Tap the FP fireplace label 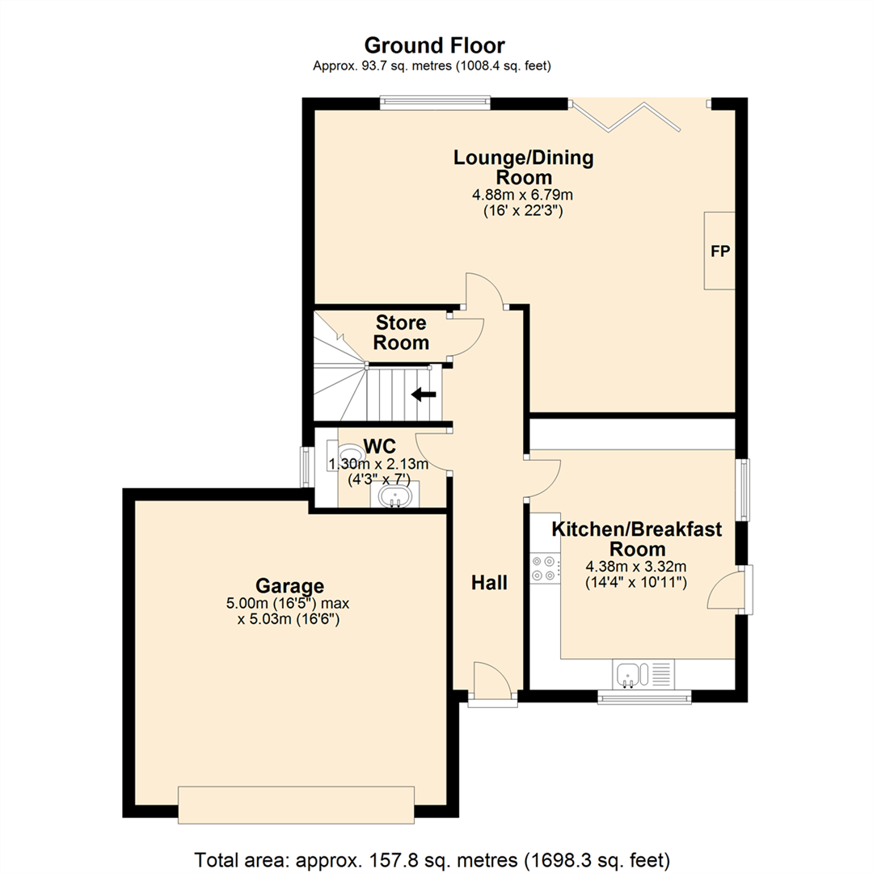pyautogui.click(x=719, y=251)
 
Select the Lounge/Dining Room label pyautogui.click(x=523, y=167)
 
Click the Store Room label pyautogui.click(x=401, y=333)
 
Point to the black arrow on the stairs pyautogui.click(x=424, y=394)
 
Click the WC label pyautogui.click(x=378, y=447)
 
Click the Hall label pyautogui.click(x=490, y=582)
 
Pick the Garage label pyautogui.click(x=290, y=585)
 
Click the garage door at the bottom pyautogui.click(x=296, y=804)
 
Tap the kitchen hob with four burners pyautogui.click(x=543, y=568)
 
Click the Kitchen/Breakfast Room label pyautogui.click(x=636, y=539)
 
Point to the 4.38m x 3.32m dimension pyautogui.click(x=636, y=567)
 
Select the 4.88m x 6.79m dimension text pyautogui.click(x=523, y=195)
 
